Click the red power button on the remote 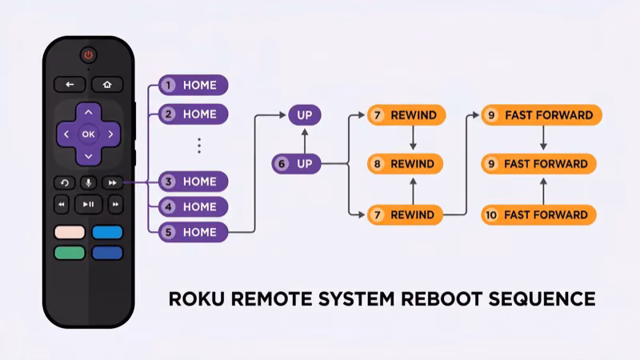[88, 55]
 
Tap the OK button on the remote [88, 134]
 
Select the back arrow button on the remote [70, 84]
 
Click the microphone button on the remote [88, 182]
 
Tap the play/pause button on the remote [88, 205]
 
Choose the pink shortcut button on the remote [70, 233]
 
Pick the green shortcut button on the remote [70, 253]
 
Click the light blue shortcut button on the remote [107, 233]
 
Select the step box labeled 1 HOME [193, 85]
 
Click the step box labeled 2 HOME [193, 114]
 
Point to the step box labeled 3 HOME [193, 182]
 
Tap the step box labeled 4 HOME [193, 206]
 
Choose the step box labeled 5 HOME [193, 233]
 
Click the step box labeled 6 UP [296, 164]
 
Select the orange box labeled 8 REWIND [405, 164]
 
